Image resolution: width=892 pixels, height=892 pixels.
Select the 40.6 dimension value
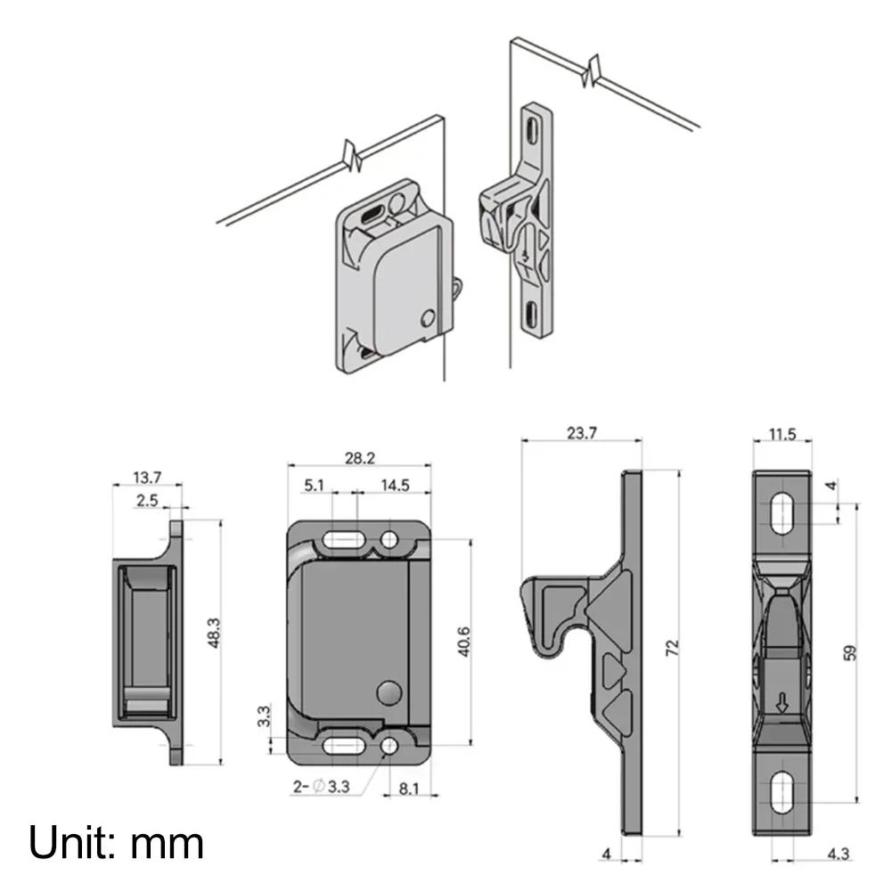click(x=462, y=642)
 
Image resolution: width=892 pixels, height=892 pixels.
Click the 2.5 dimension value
click(x=147, y=502)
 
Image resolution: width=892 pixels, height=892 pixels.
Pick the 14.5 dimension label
click(x=394, y=486)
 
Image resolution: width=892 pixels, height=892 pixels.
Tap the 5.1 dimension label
click(x=314, y=486)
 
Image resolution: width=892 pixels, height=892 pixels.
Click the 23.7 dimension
click(x=581, y=434)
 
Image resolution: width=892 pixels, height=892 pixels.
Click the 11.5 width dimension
click(x=782, y=435)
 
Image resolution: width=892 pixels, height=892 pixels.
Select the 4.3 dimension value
click(x=837, y=854)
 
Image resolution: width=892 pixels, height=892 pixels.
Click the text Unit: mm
click(x=117, y=841)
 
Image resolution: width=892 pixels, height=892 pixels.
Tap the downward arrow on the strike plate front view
click(x=782, y=704)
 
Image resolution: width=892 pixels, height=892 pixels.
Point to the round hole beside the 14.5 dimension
click(x=389, y=539)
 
